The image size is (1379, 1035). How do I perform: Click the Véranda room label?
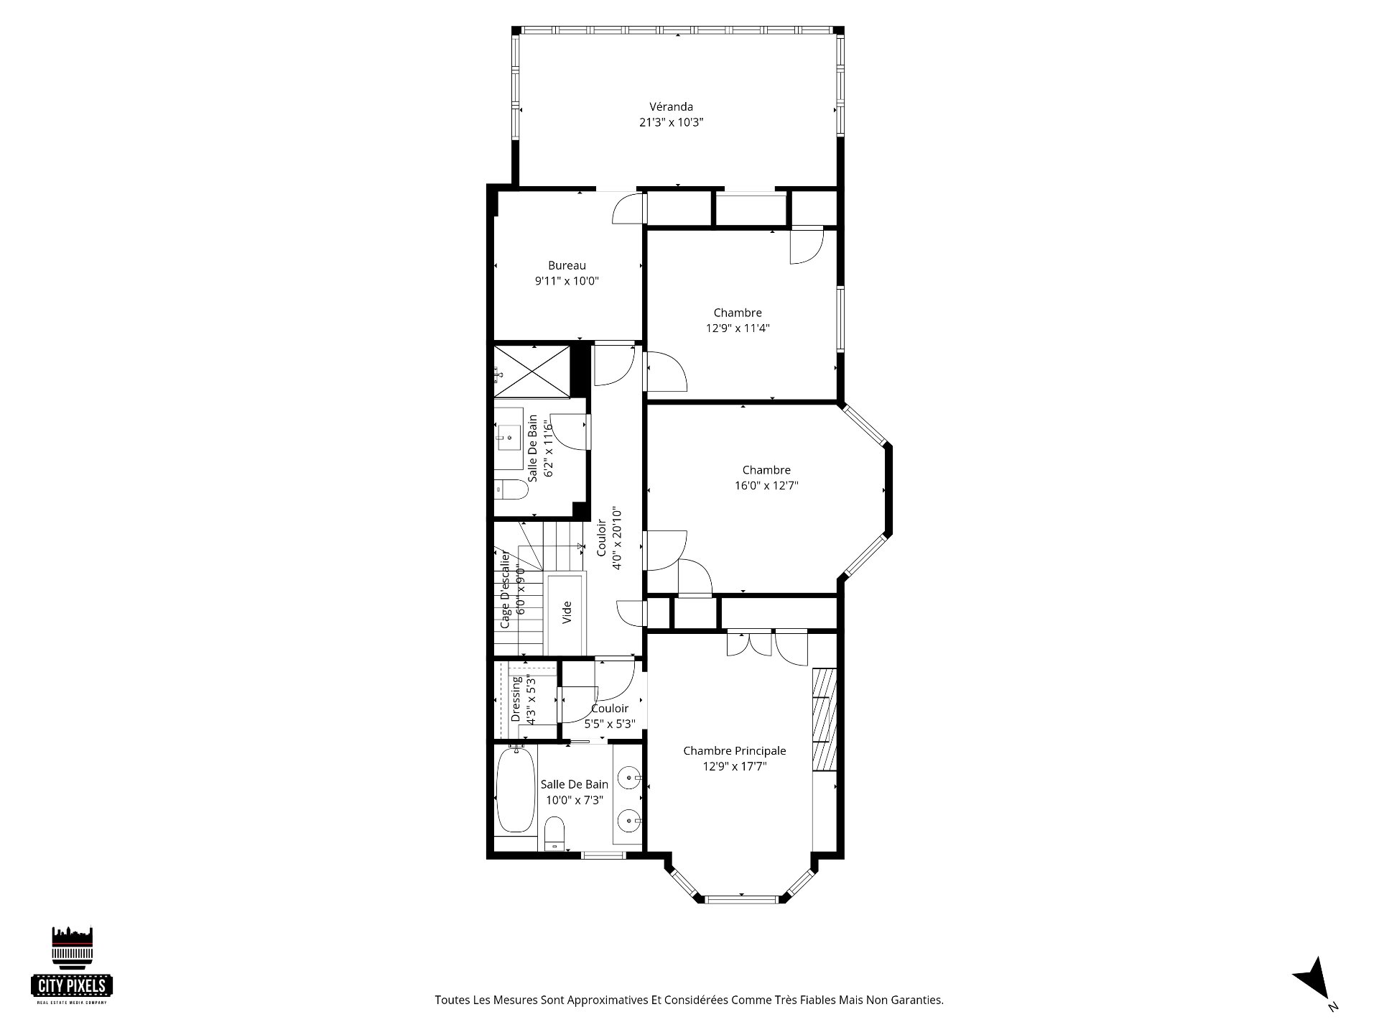671,107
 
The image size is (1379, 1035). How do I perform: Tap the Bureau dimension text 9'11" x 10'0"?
567,281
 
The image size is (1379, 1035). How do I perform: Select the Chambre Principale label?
735,750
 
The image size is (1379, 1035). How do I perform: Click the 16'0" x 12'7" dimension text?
766,485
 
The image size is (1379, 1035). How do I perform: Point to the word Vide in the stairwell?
567,612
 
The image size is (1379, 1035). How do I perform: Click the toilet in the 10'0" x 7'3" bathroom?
554,834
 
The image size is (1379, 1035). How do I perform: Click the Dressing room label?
516,699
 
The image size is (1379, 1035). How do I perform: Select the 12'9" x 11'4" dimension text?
738,328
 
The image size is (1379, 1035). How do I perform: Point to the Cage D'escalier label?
505,589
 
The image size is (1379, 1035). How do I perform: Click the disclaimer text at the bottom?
689,1000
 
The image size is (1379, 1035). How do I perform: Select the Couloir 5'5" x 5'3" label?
610,716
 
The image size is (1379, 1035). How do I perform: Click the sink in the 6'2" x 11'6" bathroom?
510,436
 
